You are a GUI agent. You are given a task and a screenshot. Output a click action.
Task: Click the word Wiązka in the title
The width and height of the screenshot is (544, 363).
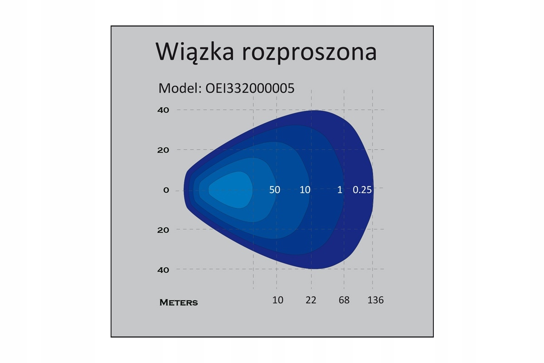194,52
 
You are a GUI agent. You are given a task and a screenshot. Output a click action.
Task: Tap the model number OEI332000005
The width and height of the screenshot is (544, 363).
250,88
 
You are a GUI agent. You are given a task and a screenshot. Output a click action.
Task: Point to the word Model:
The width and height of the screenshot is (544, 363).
180,88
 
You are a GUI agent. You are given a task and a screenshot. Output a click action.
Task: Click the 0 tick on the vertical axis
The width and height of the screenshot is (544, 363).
166,190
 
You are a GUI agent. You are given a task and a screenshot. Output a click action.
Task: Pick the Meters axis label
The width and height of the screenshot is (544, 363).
179,303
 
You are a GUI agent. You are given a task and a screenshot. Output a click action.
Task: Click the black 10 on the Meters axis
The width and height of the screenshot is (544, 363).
277,300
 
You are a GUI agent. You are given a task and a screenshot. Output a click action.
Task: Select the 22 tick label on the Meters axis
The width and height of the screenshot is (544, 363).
311,300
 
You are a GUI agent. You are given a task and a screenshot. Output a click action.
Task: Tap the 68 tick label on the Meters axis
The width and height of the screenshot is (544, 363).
344,300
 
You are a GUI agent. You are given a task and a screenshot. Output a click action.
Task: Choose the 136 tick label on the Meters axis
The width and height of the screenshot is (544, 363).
375,300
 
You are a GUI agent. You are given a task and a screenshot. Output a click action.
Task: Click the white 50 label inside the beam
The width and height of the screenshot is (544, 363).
275,190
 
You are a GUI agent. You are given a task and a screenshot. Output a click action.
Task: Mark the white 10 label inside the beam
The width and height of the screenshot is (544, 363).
305,190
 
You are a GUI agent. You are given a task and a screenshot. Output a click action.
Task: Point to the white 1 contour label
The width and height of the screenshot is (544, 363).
340,190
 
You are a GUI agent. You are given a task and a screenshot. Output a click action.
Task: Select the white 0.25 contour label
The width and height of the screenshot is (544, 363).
362,190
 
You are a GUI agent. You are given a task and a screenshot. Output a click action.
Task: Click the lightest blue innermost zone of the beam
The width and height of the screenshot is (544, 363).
231,190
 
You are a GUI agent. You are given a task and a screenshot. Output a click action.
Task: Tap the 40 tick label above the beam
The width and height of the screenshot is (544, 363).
163,110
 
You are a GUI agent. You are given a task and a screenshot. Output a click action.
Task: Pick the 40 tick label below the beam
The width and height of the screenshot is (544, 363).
163,270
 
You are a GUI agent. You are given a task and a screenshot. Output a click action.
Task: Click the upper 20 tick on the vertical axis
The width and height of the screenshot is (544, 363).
163,150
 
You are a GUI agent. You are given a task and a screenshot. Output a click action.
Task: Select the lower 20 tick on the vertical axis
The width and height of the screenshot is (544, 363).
163,230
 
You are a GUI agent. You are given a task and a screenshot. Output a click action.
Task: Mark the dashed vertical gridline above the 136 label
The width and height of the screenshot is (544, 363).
372,189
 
